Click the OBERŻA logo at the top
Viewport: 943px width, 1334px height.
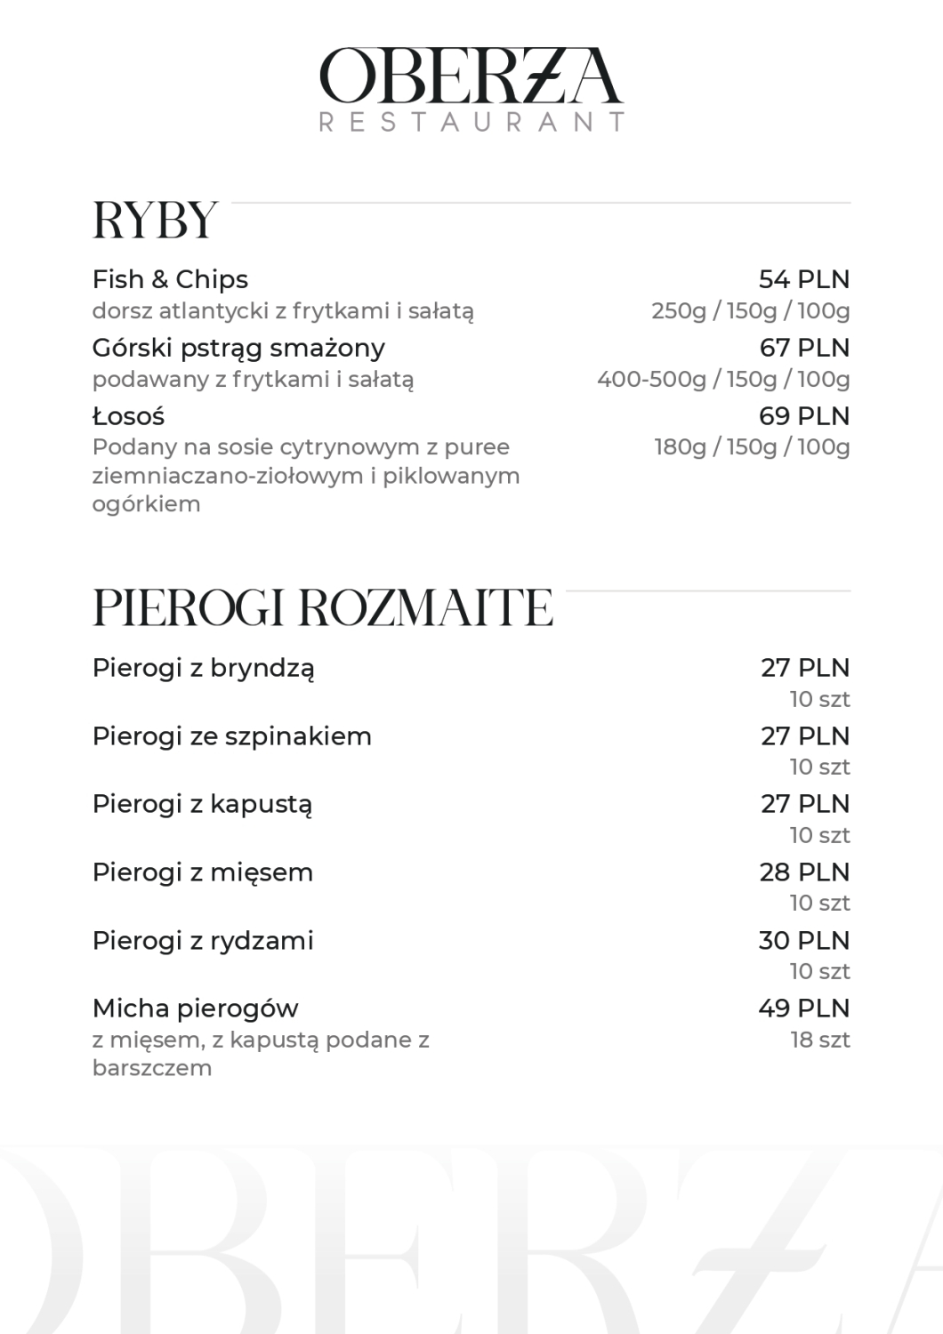pyautogui.click(x=471, y=76)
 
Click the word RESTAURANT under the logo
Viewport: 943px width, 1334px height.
pyautogui.click(x=471, y=122)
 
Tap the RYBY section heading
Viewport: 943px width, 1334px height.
pyautogui.click(x=155, y=221)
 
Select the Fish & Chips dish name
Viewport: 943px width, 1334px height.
pyautogui.click(x=170, y=279)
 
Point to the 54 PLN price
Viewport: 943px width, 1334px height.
pyautogui.click(x=804, y=279)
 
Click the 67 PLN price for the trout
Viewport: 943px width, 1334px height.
pyautogui.click(x=804, y=348)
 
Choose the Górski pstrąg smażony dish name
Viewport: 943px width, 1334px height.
pyautogui.click(x=238, y=348)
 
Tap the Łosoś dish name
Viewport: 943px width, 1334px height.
pyautogui.click(x=128, y=416)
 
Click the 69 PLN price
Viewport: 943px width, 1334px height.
pyautogui.click(x=804, y=416)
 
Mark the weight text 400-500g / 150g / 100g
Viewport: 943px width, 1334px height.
pyautogui.click(x=723, y=380)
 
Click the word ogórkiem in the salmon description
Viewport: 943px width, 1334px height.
pyautogui.click(x=146, y=504)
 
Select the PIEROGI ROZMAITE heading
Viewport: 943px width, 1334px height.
pyautogui.click(x=322, y=608)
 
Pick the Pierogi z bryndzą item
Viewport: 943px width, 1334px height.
pyautogui.click(x=203, y=668)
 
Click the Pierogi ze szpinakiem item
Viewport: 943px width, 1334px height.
pyautogui.click(x=231, y=736)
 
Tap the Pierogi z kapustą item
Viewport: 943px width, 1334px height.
pyautogui.click(x=202, y=804)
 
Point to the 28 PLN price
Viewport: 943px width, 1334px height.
pyautogui.click(x=804, y=872)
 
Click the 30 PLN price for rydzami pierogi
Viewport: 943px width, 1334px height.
pyautogui.click(x=804, y=941)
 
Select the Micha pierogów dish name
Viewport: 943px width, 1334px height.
pyautogui.click(x=195, y=1009)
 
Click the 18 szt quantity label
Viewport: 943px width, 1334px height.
pyautogui.click(x=820, y=1040)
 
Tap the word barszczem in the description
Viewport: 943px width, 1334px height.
pyautogui.click(x=152, y=1068)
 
